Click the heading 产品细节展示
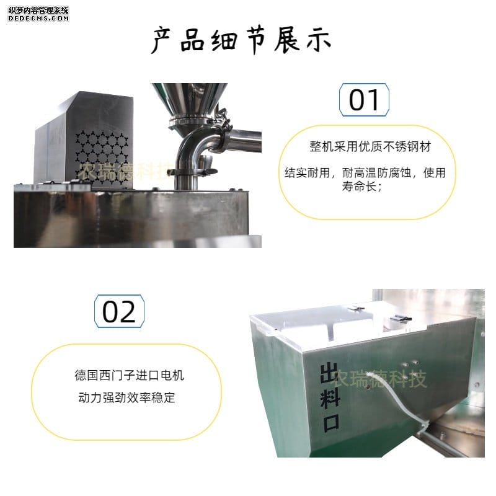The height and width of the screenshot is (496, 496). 241,40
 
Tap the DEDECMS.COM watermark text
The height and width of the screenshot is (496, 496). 38,19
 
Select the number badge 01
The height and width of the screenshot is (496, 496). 364,100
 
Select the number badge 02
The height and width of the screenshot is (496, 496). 119,311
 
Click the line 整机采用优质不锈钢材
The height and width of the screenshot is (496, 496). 370,147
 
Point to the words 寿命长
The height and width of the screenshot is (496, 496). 359,187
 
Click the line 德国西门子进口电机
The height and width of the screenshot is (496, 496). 129,375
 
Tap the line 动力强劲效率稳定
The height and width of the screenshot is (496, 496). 127,397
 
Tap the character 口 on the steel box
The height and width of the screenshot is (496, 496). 331,423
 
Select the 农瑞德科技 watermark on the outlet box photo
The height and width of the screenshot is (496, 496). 380,379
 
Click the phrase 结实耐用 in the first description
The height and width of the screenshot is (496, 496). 307,173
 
